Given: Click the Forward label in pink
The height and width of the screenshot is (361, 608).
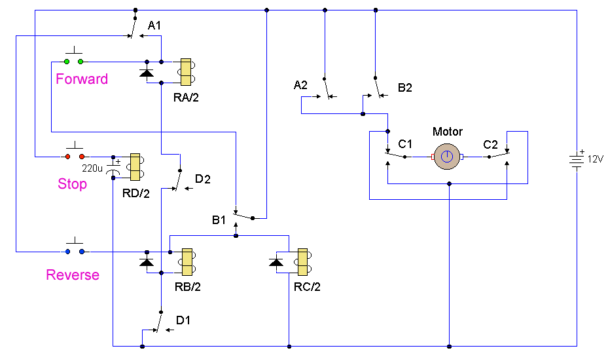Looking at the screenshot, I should [x=82, y=79].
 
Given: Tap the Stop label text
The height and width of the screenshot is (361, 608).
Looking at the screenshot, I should [x=72, y=184].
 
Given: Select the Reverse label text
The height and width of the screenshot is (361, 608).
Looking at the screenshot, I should [x=73, y=275].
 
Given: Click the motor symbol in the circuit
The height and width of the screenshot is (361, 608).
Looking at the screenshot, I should [x=446, y=157].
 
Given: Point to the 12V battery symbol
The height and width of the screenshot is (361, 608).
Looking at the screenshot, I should [x=576, y=159].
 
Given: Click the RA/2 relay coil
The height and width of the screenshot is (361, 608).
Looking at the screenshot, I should [x=186, y=73].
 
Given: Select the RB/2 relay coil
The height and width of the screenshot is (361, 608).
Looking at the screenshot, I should [x=186, y=261].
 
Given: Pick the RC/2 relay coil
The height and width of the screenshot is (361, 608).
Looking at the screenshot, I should [x=302, y=261].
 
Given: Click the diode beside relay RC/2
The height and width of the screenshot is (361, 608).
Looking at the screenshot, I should [x=276, y=263].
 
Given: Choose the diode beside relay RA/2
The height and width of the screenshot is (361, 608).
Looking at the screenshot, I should [x=147, y=73].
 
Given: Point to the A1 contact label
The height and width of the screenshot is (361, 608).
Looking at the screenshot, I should [x=154, y=26].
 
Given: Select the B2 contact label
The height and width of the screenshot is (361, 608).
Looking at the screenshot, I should [x=405, y=88].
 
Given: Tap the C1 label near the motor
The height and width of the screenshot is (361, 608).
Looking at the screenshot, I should [x=406, y=144].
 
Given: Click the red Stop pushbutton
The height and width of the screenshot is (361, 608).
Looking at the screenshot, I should [x=74, y=157].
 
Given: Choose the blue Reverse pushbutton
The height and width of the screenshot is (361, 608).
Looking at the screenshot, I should [x=73, y=251].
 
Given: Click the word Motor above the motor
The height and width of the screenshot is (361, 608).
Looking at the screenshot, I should [x=448, y=132].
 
